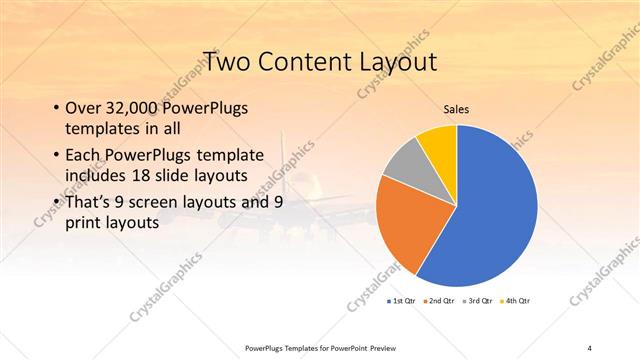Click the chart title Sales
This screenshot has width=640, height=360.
[456, 110]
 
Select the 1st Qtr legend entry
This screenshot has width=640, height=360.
[402, 300]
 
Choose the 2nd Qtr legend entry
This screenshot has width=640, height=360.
[440, 300]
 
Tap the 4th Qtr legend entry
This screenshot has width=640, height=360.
[516, 300]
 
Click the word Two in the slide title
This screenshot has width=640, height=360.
[226, 61]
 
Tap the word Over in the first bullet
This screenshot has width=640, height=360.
[82, 107]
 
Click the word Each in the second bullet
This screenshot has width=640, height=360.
[83, 155]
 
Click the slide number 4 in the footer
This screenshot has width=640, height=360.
[589, 348]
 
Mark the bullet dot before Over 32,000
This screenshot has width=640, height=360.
[54, 108]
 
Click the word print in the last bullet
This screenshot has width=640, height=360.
[83, 223]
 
